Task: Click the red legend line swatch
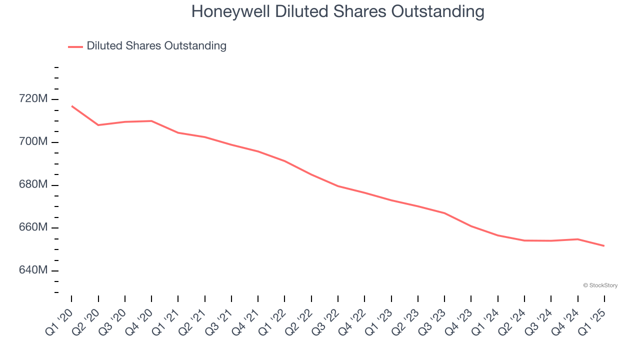pyautogui.click(x=75, y=46)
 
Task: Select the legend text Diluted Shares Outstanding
pyautogui.click(x=156, y=46)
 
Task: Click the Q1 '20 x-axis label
pyautogui.click(x=59, y=320)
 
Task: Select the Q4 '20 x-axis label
pyautogui.click(x=139, y=320)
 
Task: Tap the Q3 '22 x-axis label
pyautogui.click(x=325, y=320)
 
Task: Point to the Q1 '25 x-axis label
pyautogui.click(x=592, y=320)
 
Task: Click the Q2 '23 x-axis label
pyautogui.click(x=405, y=320)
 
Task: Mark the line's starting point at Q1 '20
pyautogui.click(x=71, y=106)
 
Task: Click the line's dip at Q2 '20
pyautogui.click(x=98, y=125)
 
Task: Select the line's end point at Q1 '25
pyautogui.click(x=604, y=245)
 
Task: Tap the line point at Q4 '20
pyautogui.click(x=151, y=121)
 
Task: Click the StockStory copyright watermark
pyautogui.click(x=600, y=285)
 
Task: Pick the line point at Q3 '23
pyautogui.click(x=444, y=213)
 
